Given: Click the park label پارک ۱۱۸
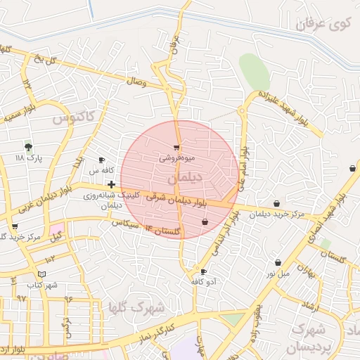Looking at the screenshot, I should pyautogui.click(x=30, y=159).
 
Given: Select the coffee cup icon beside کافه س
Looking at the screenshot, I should pyautogui.click(x=103, y=160).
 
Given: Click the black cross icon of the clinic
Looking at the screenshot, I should pyautogui.click(x=111, y=184).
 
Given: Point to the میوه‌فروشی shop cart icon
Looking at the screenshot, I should pyautogui.click(x=176, y=148).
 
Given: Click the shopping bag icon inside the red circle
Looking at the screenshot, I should pyautogui.click(x=205, y=222).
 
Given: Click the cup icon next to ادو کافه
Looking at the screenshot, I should pyautogui.click(x=203, y=271).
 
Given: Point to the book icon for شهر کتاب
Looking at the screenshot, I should pyautogui.click(x=41, y=274).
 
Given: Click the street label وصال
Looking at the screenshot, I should pyautogui.click(x=135, y=83).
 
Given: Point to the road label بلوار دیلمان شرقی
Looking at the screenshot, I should pyautogui.click(x=177, y=200).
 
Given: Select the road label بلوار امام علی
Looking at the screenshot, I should pyautogui.click(x=242, y=169).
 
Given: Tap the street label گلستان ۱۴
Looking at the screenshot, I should pyautogui.click(x=162, y=229).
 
